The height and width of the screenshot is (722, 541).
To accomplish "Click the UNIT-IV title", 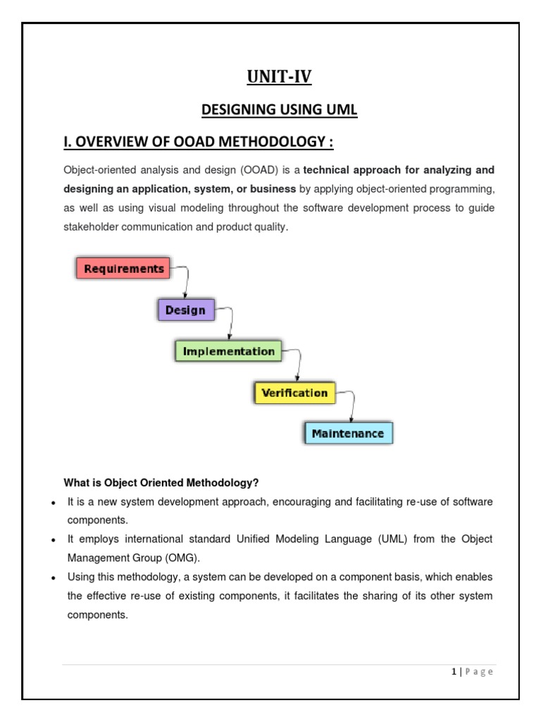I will [x=279, y=76].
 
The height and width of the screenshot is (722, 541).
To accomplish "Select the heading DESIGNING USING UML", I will [x=279, y=110].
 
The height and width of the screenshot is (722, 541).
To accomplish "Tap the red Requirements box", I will [x=123, y=269].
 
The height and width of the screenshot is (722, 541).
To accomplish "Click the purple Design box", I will [x=185, y=310].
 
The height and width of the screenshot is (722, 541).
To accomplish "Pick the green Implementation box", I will [x=228, y=351].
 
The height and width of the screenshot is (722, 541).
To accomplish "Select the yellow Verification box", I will [x=294, y=393].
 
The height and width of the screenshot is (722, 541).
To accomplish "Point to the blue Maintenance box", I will [x=348, y=433].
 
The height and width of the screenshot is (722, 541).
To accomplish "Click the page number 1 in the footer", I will [x=454, y=672].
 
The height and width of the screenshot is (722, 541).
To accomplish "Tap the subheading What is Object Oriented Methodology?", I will [x=161, y=483].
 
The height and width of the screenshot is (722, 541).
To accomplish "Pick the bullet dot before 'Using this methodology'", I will [x=54, y=577].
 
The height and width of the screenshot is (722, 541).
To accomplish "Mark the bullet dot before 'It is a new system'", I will [x=54, y=502].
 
